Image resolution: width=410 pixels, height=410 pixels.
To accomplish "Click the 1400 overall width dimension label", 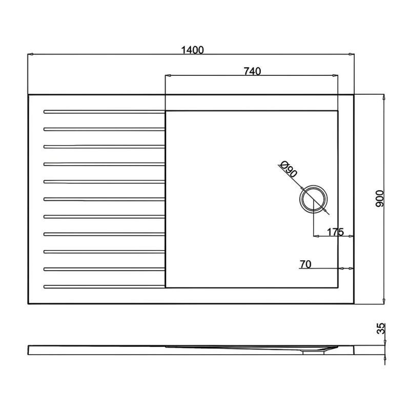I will (192, 50).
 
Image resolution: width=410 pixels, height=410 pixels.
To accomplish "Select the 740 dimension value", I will (252, 72).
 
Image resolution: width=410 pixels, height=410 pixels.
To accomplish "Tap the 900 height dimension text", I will (380, 198).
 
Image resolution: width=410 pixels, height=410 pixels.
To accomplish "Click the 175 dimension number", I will (335, 232).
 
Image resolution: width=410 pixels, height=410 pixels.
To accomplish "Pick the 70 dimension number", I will (305, 264).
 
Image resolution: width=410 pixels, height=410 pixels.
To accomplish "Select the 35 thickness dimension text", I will (381, 329).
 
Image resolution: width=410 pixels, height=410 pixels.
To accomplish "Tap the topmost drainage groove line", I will (104, 111).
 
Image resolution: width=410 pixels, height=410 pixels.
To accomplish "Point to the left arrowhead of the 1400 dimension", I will (30, 53).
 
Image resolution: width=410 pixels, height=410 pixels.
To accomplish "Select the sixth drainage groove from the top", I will (104, 199).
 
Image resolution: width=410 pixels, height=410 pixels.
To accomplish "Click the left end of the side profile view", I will (29, 351).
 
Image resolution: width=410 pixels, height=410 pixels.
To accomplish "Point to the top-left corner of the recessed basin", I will (166, 110).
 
